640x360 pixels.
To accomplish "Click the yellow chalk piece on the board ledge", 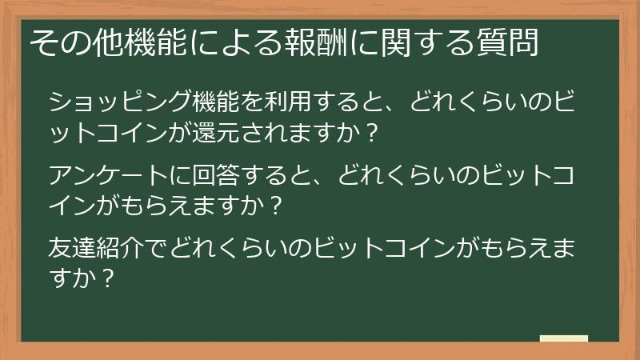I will [x=564, y=338].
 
